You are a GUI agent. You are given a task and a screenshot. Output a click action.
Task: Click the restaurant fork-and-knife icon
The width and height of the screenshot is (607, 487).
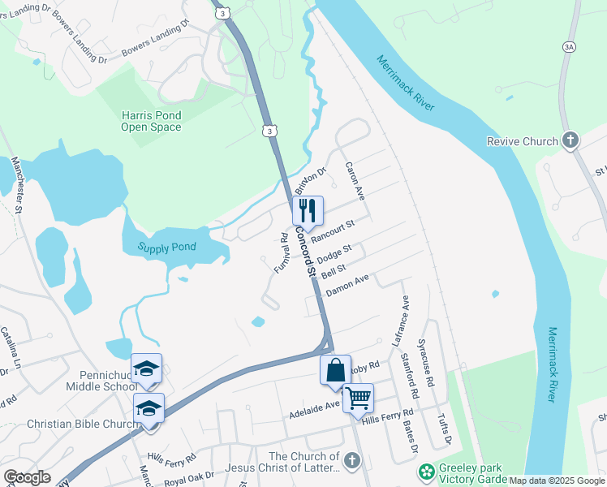tap(308, 211)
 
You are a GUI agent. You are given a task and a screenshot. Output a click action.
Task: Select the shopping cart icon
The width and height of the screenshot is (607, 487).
tap(357, 399)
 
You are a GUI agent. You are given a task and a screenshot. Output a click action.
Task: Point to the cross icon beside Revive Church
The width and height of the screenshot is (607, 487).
tap(570, 140)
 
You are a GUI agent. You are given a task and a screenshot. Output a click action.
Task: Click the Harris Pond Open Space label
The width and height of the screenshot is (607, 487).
tap(151, 121)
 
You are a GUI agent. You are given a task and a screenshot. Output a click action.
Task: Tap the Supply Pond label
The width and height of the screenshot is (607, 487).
tap(166, 248)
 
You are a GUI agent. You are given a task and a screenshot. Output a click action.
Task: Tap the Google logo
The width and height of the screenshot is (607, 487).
tap(27, 477)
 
